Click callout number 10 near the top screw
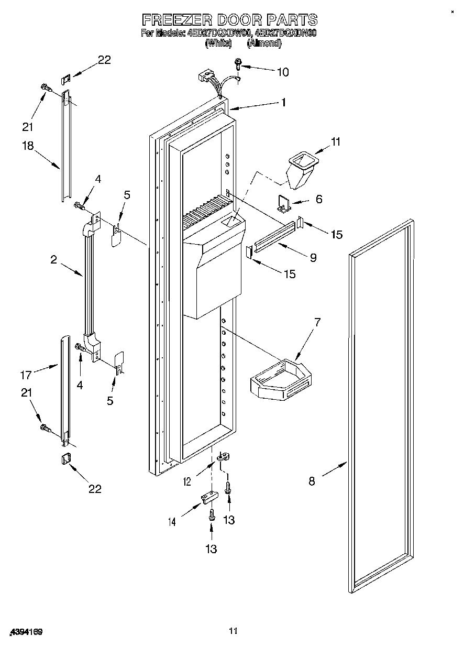point(282,72)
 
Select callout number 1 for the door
point(283,103)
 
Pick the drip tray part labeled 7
point(281,377)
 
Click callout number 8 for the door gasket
point(312,481)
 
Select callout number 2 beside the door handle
point(53,260)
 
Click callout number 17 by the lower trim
point(26,375)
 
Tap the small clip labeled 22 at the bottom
point(65,459)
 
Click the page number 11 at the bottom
point(233,631)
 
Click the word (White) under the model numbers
point(218,43)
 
